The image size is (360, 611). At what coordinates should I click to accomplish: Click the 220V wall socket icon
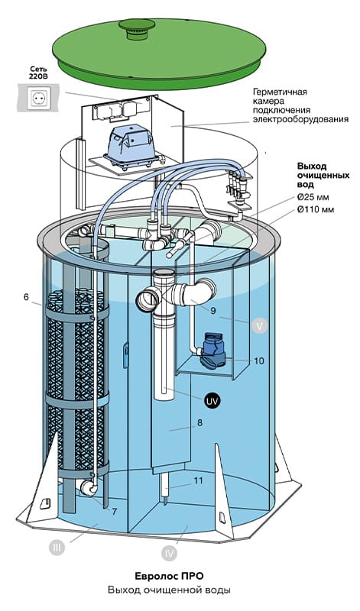(x=38, y=99)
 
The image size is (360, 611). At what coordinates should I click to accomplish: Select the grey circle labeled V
(x=260, y=325)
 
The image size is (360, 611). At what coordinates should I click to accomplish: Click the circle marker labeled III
(x=57, y=548)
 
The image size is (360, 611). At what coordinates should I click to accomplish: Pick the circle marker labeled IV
(x=169, y=553)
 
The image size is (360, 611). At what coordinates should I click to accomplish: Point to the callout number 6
(x=26, y=297)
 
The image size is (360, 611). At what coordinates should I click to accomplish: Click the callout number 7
(x=115, y=512)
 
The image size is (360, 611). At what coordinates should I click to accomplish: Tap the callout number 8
(x=200, y=423)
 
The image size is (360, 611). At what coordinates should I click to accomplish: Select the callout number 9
(x=213, y=311)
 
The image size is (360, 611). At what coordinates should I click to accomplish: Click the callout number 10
(x=259, y=360)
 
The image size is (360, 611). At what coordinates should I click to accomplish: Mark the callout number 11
(x=199, y=480)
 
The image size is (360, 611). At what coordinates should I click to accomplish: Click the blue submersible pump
(x=212, y=351)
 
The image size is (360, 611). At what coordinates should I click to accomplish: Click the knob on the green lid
(x=137, y=28)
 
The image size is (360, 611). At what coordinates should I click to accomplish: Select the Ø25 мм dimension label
(x=315, y=197)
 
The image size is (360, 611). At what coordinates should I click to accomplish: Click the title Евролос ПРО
(x=169, y=576)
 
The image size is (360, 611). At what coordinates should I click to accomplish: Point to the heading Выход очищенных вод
(x=323, y=175)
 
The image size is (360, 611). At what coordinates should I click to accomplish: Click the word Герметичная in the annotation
(x=280, y=92)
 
